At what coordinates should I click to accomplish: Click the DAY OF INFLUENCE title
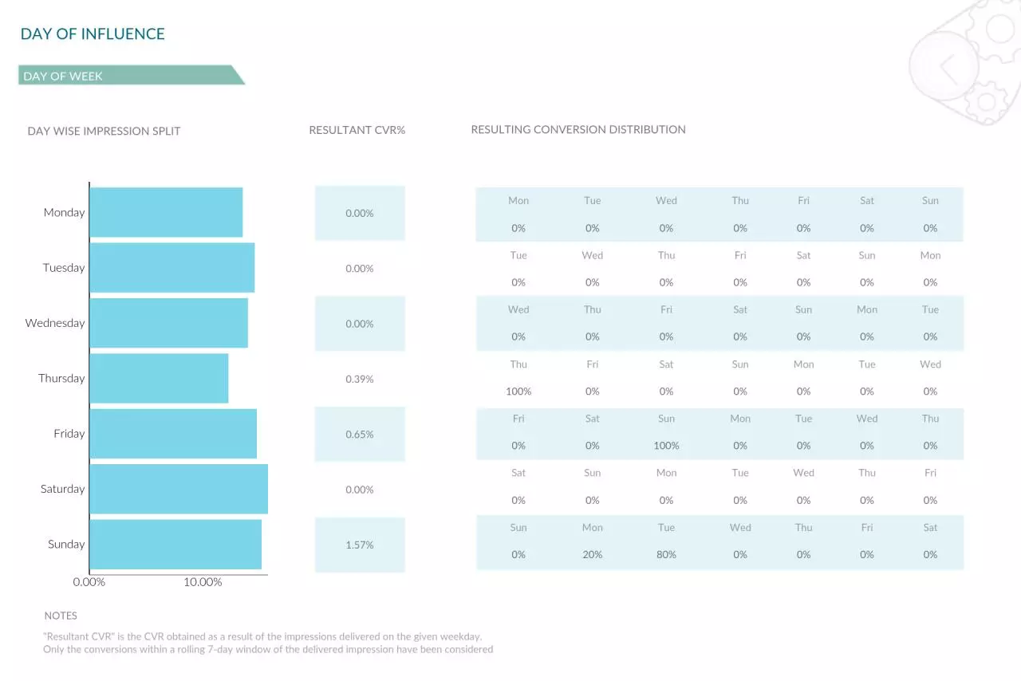click(93, 33)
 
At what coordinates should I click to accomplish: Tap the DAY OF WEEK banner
click(132, 75)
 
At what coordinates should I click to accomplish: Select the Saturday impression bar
click(179, 489)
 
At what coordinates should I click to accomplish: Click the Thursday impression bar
click(159, 378)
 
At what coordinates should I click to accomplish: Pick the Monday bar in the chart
click(166, 212)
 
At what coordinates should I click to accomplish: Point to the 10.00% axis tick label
click(203, 582)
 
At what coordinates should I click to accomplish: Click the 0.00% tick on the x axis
click(89, 582)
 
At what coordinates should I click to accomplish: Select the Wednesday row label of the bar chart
click(55, 323)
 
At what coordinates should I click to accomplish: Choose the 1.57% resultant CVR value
click(359, 545)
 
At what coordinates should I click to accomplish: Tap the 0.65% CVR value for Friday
click(359, 435)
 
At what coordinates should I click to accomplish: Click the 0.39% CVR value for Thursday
click(359, 379)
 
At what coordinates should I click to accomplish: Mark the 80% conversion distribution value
click(666, 554)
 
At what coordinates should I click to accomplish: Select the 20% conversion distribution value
click(592, 554)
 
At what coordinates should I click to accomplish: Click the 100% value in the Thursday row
click(518, 391)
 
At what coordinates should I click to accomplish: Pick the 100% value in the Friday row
click(666, 445)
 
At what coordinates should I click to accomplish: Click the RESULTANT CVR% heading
click(357, 130)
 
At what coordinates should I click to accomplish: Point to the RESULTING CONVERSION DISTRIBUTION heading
click(578, 129)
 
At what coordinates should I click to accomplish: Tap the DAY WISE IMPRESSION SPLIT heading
click(104, 132)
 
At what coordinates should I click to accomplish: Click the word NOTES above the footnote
click(61, 616)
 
